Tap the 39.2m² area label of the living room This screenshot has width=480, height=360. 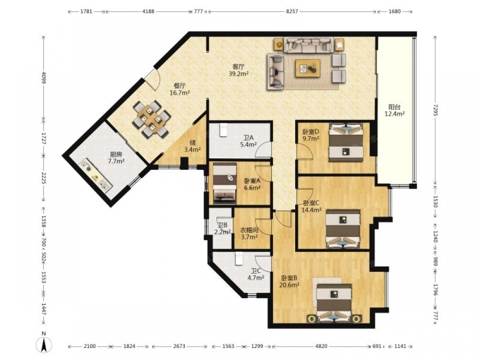point(239,73)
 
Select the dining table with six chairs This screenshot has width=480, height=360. point(151,119)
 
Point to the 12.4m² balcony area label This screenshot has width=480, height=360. point(395,114)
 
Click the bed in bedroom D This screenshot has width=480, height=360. point(346,142)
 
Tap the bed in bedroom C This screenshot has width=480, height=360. point(342,228)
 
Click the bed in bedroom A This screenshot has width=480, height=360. point(225,183)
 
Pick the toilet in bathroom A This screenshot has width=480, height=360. point(223,129)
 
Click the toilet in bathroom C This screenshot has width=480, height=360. point(239,258)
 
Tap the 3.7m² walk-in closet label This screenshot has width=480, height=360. point(249,236)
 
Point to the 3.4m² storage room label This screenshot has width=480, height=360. point(192,150)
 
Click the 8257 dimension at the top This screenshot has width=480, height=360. point(292,12)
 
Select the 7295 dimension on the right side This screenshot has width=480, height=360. point(436,110)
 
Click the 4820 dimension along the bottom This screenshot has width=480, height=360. point(321,346)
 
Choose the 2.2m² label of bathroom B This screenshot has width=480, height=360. point(222,232)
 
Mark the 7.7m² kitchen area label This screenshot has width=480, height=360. point(116,161)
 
